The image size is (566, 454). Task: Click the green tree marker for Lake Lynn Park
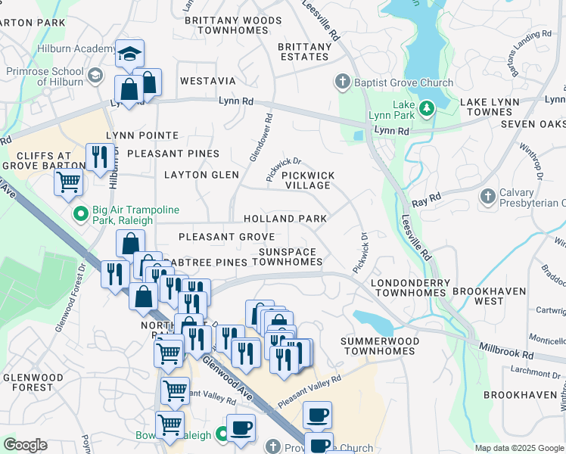(x=427, y=109)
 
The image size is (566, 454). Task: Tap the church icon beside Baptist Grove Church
(x=342, y=82)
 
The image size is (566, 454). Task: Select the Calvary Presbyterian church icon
(x=488, y=197)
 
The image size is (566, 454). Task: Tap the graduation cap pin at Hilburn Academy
(x=129, y=54)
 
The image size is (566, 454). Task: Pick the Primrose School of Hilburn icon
(x=95, y=75)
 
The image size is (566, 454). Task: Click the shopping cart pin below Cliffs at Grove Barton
(x=68, y=182)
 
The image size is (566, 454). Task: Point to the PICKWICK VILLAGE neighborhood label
(x=306, y=180)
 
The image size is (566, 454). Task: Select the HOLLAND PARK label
(x=285, y=219)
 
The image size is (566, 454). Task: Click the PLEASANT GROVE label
(x=226, y=237)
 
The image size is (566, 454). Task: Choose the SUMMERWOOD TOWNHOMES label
(x=378, y=346)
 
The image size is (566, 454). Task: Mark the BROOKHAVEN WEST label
(x=488, y=295)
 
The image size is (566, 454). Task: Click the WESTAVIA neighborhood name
(x=207, y=80)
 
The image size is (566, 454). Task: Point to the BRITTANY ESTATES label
(x=304, y=51)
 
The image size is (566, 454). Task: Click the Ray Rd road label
(x=425, y=201)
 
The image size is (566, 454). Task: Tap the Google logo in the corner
(x=26, y=445)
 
